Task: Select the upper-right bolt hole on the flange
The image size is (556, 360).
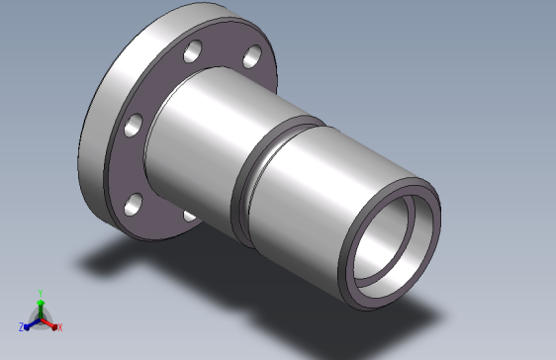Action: tap(251, 54)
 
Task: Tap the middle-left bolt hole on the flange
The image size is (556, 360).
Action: tap(128, 125)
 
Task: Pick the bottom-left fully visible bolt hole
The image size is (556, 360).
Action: tap(131, 206)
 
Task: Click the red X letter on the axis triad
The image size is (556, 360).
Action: tap(59, 326)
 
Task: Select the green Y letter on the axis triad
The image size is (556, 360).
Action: tap(40, 293)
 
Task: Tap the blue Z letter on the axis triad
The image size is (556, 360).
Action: tap(21, 326)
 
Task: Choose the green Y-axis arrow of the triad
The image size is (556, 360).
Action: tap(40, 306)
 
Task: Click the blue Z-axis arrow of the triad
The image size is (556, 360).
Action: tap(31, 322)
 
